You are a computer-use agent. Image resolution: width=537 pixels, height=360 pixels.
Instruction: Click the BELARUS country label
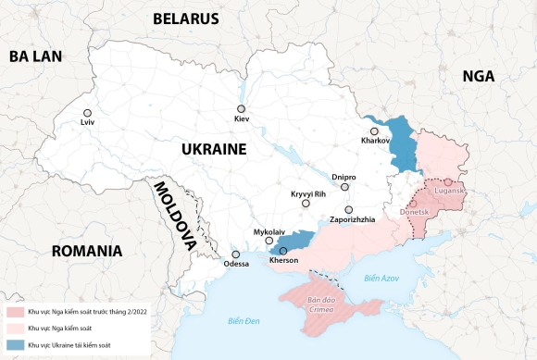click(x=186, y=19)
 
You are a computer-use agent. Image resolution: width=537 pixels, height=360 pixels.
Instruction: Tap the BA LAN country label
click(x=35, y=56)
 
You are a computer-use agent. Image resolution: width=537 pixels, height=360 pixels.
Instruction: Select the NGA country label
click(x=479, y=77)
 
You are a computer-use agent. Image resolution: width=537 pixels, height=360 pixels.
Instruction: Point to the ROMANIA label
click(x=87, y=251)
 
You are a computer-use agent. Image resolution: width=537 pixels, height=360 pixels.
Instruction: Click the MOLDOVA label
click(x=175, y=216)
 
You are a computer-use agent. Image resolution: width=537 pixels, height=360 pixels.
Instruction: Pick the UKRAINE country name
click(x=213, y=149)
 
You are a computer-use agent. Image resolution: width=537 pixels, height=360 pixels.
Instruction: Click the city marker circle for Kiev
click(x=241, y=108)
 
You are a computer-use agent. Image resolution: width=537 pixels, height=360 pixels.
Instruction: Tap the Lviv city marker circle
click(x=88, y=113)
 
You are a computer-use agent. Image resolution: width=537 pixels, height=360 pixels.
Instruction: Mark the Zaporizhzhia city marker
click(x=348, y=210)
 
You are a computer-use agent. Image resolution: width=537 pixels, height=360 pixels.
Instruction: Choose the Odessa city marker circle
click(x=236, y=254)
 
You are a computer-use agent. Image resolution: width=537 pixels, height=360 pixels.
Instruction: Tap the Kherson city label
click(x=283, y=261)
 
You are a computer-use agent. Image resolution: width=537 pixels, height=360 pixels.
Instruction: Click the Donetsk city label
click(x=414, y=212)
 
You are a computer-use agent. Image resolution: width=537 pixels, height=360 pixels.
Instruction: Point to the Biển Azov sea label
click(x=381, y=278)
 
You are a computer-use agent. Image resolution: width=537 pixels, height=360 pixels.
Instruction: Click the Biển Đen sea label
click(x=245, y=321)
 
